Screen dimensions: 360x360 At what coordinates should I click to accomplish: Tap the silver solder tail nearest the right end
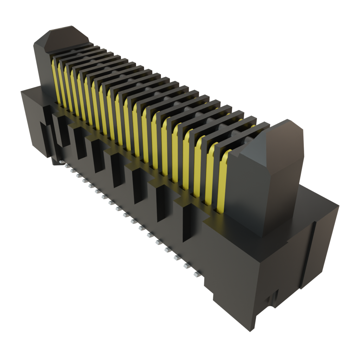coord(197,274)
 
